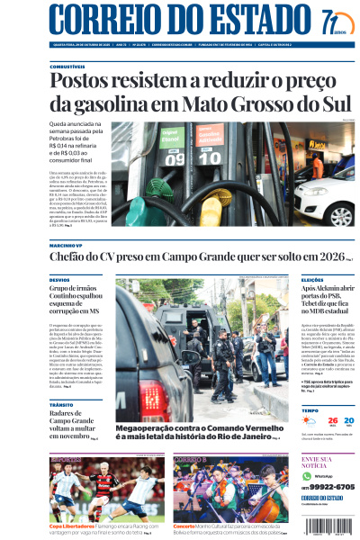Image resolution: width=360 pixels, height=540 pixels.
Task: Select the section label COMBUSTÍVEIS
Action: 67,67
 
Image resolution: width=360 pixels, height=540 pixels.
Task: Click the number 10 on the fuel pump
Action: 209,158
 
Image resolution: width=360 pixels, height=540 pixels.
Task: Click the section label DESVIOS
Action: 59,281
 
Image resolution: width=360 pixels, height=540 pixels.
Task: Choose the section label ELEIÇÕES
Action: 312,281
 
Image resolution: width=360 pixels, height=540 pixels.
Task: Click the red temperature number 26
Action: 333,420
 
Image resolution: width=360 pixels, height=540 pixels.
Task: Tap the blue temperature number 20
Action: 349,420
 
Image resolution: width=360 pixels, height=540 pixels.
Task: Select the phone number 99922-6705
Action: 332,486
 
